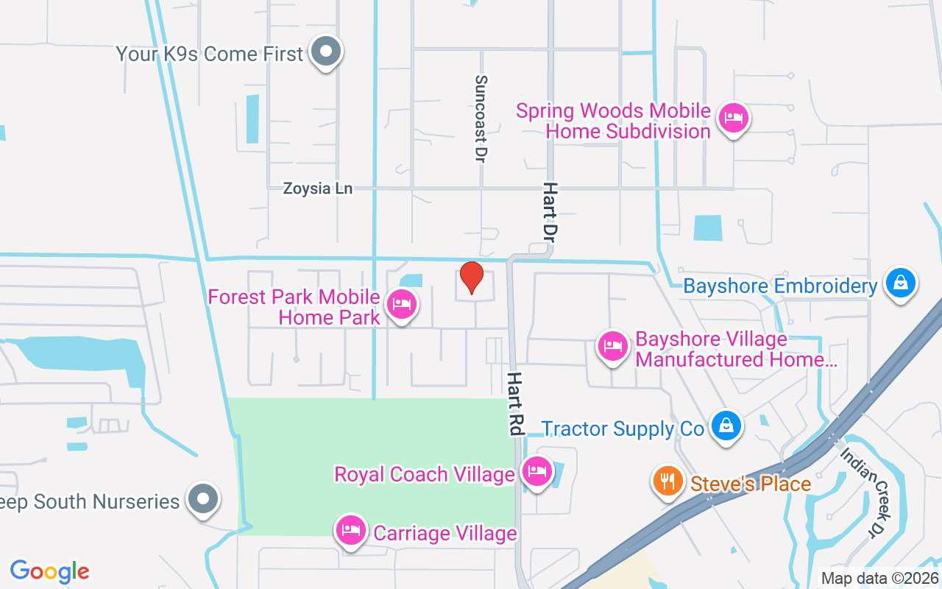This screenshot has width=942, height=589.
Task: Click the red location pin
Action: click(471, 278)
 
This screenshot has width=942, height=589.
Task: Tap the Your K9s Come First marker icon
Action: click(325, 52)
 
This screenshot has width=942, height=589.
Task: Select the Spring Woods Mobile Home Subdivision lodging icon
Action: click(733, 118)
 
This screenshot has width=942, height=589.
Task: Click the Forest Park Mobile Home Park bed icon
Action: click(401, 304)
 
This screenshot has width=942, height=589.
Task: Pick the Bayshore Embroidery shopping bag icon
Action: click(899, 283)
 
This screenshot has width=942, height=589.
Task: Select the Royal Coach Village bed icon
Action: click(536, 471)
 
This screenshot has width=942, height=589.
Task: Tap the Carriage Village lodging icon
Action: click(351, 530)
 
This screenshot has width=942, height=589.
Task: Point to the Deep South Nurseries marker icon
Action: click(203, 499)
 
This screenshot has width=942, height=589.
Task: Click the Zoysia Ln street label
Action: click(318, 188)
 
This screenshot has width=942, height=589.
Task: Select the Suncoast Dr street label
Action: click(481, 119)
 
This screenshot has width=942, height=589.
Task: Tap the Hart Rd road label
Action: click(515, 403)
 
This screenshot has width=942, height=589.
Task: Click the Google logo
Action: click(50, 571)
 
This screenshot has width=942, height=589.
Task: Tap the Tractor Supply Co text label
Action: click(623, 428)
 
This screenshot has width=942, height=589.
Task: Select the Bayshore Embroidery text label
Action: click(781, 286)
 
